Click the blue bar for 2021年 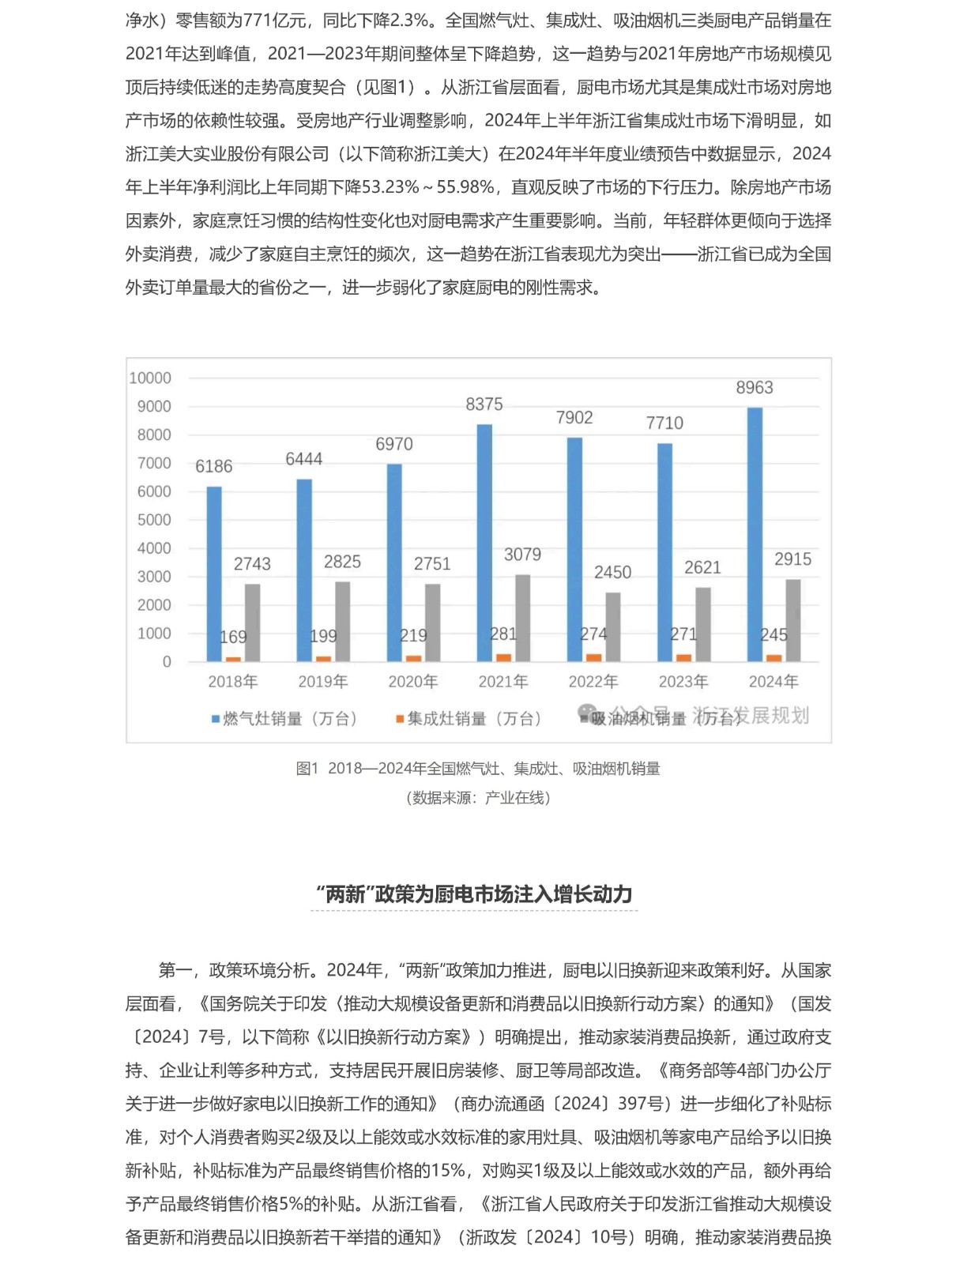coord(484,543)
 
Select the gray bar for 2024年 coord(792,620)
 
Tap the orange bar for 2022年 coord(593,657)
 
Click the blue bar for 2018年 coord(214,574)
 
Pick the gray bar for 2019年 coord(342,621)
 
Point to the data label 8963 coord(755,388)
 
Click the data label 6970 coord(394,445)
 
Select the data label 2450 coord(612,573)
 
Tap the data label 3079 coord(522,555)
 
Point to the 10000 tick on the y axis coord(150,378)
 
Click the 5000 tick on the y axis coord(154,520)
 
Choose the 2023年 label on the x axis coord(683,682)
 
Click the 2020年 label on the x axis coord(413,682)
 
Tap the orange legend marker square coord(400,719)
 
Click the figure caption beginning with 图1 coord(478,769)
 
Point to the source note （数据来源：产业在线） coord(478,798)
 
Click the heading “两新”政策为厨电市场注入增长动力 coord(474,894)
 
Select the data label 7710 coord(664,423)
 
